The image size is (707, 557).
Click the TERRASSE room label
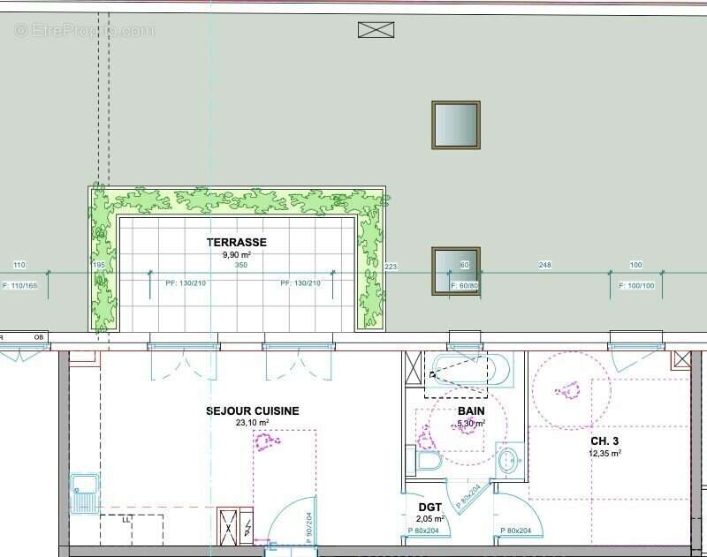(x=236, y=242)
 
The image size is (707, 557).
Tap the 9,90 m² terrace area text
(x=236, y=255)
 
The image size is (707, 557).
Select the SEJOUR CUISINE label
(x=252, y=410)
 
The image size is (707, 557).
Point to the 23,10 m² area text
(x=252, y=424)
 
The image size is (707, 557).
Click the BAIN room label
(x=471, y=411)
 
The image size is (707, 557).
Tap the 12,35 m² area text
(x=605, y=454)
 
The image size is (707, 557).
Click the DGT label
(x=430, y=507)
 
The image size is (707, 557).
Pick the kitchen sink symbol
(x=85, y=493)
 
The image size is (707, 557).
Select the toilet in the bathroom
(x=428, y=462)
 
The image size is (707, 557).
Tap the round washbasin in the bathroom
(x=509, y=460)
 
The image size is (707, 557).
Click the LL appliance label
(x=125, y=520)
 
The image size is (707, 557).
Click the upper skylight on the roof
(x=455, y=124)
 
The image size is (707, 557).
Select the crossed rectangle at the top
(x=376, y=30)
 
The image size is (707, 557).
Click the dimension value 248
(x=544, y=266)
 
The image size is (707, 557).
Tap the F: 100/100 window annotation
(x=636, y=286)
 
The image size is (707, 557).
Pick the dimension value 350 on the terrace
(x=241, y=266)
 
